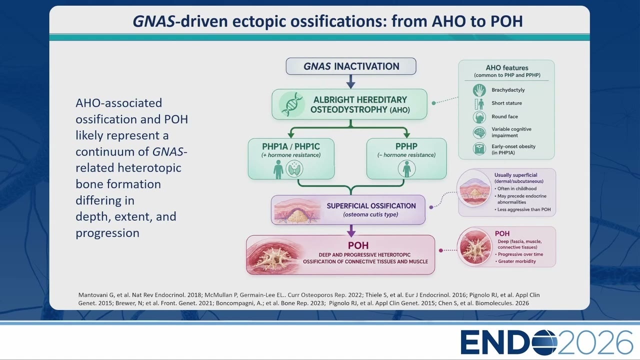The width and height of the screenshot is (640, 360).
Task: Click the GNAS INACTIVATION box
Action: coord(351,66)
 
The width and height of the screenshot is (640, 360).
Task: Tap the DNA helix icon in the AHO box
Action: coord(291,104)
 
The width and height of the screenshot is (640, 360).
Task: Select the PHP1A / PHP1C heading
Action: coord(291,146)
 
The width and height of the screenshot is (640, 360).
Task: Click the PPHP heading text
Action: coord(406,146)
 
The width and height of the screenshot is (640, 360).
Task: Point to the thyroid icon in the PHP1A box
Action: coord(294,169)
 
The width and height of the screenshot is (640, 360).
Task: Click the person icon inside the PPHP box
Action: coord(406,169)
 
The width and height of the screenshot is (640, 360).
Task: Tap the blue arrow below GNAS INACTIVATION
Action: coord(351,81)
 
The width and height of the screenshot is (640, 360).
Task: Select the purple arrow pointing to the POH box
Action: coord(351,230)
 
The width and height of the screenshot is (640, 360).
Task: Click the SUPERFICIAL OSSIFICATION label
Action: coord(371,206)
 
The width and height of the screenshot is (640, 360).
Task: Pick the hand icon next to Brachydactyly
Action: coord(479,90)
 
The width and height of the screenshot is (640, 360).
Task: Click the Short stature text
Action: coord(506,103)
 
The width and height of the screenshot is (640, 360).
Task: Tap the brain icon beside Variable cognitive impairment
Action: coord(479,132)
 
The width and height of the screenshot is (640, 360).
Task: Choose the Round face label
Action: coord(504,116)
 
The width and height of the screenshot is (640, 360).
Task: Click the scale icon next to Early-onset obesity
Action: coord(479,149)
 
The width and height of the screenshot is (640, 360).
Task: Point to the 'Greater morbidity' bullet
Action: coord(515,261)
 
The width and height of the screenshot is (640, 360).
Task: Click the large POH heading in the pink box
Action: coord(358,245)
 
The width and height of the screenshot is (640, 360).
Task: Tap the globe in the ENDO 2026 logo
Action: coord(545,342)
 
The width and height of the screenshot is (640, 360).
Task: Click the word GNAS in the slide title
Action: coord(153,21)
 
